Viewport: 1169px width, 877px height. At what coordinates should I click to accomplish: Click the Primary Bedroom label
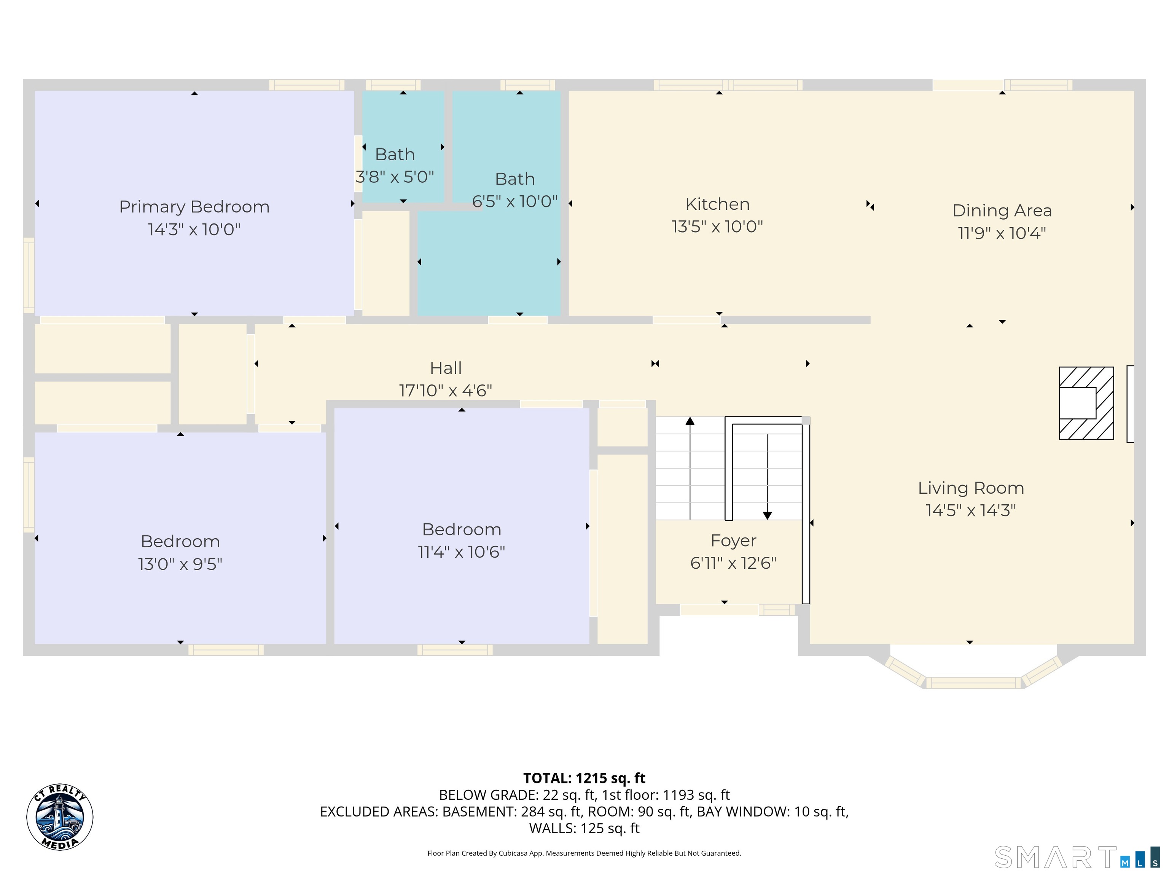[194, 207]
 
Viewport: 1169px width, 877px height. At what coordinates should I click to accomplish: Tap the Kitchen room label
[717, 204]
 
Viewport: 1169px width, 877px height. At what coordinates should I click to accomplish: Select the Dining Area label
[1002, 210]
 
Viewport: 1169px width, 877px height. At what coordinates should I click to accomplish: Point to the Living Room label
[971, 488]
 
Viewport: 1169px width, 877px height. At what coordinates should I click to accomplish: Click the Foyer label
[734, 541]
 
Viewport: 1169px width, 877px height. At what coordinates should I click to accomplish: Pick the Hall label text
[446, 368]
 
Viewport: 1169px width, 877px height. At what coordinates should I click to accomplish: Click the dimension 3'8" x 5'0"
[395, 177]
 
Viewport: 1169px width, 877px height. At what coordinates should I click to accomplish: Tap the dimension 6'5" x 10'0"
[515, 201]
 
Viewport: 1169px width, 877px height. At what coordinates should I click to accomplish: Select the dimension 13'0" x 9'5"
[180, 564]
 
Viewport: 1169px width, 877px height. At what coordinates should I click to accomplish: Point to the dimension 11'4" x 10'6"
[461, 552]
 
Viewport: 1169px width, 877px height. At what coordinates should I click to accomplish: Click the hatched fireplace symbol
[1086, 403]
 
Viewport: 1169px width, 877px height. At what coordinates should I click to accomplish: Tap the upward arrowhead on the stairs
[690, 421]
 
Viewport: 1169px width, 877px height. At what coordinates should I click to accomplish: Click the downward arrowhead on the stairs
[768, 515]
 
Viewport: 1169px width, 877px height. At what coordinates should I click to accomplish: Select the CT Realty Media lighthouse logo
[60, 817]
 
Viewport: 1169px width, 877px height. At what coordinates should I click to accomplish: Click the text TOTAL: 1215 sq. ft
[584, 778]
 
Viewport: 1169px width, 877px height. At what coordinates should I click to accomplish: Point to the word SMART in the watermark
[1055, 858]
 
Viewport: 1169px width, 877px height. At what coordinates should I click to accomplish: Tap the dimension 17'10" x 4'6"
[446, 391]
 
